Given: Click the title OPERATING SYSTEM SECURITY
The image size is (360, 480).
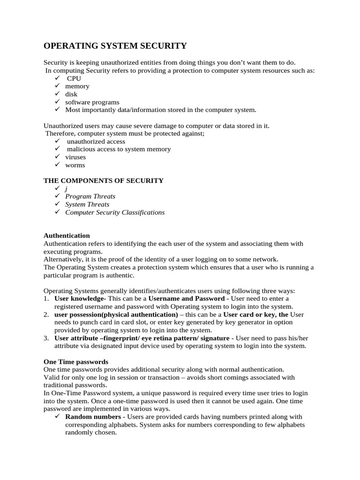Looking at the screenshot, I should (115, 45).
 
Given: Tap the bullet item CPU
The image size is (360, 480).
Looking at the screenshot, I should (74, 78).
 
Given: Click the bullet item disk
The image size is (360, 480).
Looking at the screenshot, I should (71, 94).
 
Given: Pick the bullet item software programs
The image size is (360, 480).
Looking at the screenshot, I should (92, 102).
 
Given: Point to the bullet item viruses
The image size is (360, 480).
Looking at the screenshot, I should (75, 157).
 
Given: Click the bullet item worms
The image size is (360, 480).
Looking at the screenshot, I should (75, 165).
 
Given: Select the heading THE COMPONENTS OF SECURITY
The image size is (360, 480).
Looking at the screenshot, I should (104, 180).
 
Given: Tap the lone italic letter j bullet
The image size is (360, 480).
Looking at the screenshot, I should (66, 188).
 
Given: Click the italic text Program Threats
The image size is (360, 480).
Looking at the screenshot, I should (90, 196).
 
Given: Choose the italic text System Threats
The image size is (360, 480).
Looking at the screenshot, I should (87, 204).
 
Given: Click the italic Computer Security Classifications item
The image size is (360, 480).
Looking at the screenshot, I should (115, 212).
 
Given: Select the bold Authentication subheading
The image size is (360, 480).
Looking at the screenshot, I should (67, 236).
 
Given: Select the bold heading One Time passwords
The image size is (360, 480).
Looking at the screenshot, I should (76, 362).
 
